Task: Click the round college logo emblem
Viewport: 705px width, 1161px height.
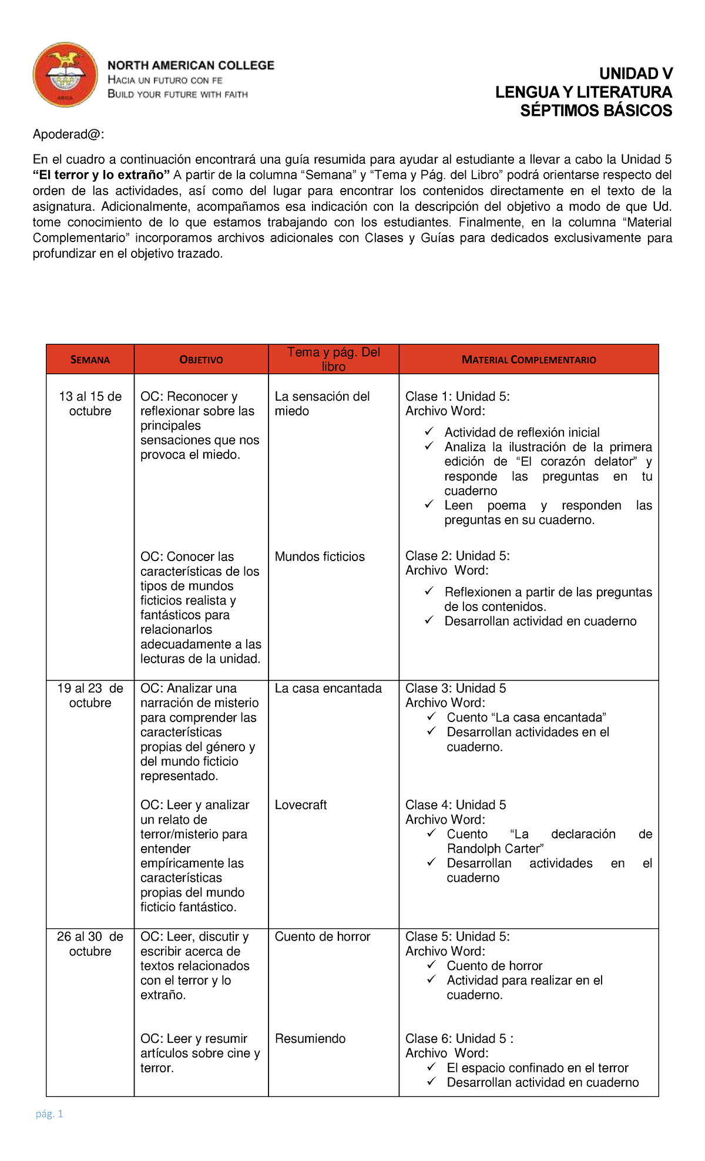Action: [65, 75]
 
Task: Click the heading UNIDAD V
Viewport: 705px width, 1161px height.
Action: [636, 73]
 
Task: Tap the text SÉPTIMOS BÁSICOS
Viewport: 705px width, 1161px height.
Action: [596, 110]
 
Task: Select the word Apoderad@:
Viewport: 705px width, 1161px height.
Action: [68, 135]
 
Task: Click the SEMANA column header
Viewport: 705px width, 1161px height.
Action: [90, 360]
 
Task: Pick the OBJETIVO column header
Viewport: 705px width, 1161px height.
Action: [201, 360]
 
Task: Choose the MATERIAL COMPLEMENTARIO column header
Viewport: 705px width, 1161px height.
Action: [528, 360]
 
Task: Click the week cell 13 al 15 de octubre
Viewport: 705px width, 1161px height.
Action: [90, 404]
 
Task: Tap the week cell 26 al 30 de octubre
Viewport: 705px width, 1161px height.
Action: [90, 944]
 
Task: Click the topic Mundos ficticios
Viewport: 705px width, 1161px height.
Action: [320, 556]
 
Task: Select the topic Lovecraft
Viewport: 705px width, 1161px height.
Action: [300, 805]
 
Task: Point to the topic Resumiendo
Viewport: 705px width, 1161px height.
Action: [310, 1038]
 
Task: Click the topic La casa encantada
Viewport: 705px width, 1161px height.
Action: [328, 688]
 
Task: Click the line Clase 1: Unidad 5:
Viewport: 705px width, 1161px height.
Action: [457, 397]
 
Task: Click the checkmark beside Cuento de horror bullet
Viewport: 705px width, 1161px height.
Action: [431, 965]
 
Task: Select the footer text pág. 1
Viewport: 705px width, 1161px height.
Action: [49, 1113]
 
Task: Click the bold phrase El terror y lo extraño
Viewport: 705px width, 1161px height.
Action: [101, 175]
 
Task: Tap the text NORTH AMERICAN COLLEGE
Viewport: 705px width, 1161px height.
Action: [191, 65]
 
